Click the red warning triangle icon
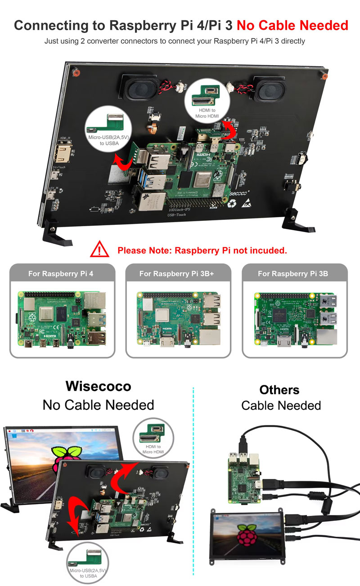tap(100, 249)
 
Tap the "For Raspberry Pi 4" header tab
tap(62, 273)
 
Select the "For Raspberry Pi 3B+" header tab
tap(178, 273)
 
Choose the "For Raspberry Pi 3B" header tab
tap(295, 273)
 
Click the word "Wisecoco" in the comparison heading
tap(98, 386)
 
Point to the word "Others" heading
tap(279, 389)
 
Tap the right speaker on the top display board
tap(267, 88)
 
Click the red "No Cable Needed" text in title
tap(292, 25)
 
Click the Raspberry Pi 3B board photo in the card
tap(295, 320)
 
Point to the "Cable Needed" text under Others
tap(281, 405)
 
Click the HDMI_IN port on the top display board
tap(63, 152)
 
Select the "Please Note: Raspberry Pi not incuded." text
tap(202, 250)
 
